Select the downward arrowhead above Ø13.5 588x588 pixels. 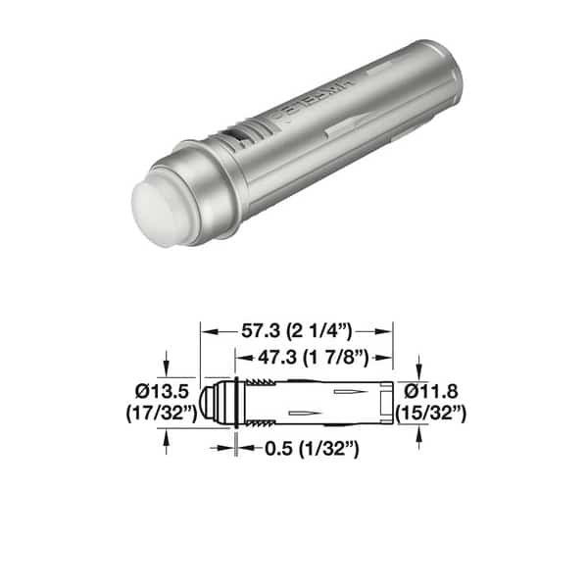[x=168, y=370]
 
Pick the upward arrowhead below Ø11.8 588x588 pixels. [x=419, y=430]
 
